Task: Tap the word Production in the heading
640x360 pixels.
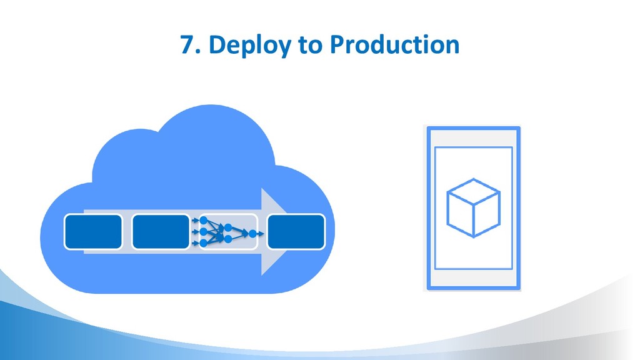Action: (394, 45)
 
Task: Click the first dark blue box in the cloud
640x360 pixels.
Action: (93, 231)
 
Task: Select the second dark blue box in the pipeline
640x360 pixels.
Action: (161, 231)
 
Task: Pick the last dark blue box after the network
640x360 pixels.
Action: (296, 231)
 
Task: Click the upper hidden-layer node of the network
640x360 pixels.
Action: (228, 227)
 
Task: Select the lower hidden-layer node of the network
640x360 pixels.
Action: (228, 239)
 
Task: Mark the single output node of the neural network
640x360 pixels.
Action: (252, 234)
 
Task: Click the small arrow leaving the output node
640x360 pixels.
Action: (261, 234)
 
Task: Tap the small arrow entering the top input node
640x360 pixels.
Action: (195, 221)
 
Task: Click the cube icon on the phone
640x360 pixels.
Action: (473, 207)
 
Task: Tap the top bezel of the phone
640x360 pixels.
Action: (473, 136)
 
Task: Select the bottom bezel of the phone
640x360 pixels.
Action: (473, 279)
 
